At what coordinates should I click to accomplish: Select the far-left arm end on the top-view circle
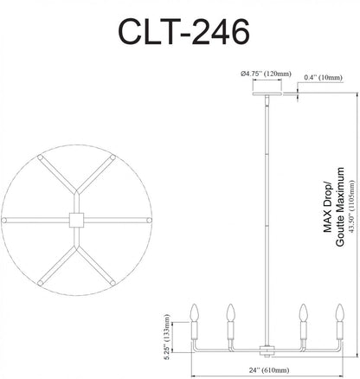pyautogui.click(x=7, y=221)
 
